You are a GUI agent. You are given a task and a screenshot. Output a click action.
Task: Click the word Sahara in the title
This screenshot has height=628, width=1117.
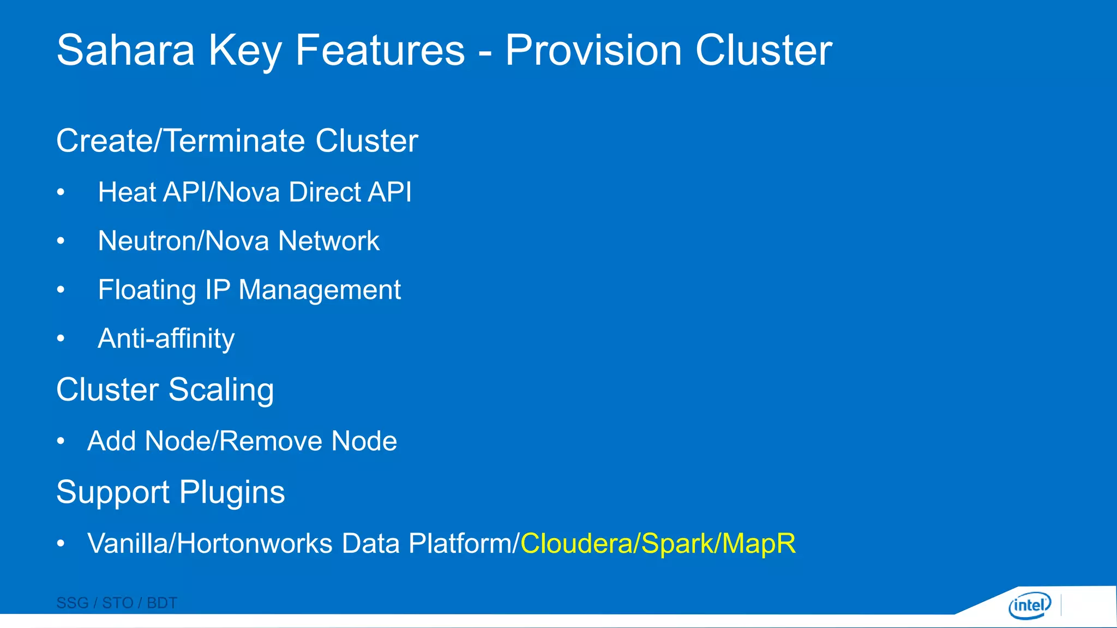(125, 50)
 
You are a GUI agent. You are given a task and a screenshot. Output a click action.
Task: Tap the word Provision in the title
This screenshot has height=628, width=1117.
(593, 50)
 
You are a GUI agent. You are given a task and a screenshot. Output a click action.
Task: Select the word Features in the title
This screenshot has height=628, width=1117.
(380, 50)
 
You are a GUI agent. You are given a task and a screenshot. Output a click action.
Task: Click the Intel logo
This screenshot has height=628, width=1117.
(1030, 605)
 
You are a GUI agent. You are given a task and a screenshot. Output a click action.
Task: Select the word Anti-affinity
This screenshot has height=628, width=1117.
(166, 339)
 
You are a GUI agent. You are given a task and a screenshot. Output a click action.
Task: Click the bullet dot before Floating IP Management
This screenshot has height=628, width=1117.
(61, 290)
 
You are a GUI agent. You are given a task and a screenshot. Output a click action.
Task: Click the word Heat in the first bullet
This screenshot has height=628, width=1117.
(127, 192)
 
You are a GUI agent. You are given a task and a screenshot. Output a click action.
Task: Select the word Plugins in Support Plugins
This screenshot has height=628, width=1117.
(232, 492)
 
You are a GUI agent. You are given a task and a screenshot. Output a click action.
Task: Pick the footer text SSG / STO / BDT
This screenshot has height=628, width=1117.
(117, 603)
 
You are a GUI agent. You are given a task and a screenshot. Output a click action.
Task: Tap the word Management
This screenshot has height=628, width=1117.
(320, 290)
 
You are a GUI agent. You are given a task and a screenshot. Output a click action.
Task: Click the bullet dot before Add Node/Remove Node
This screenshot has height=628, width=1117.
(61, 441)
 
